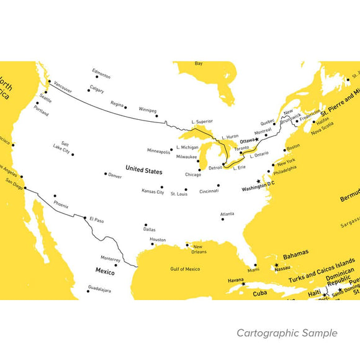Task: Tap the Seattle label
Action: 45,97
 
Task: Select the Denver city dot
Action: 106,174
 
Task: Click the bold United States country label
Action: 143,169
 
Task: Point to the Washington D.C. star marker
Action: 258,181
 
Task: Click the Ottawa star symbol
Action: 257,140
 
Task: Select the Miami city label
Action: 253,270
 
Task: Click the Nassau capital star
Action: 276,265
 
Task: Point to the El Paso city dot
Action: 85,217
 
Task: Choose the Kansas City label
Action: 153,192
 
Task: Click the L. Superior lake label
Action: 202,121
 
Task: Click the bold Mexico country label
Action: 105,271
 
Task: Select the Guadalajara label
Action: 100,290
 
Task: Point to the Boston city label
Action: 293,147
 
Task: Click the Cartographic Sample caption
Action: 287,333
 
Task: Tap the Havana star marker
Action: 243,284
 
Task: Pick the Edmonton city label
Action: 101,76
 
